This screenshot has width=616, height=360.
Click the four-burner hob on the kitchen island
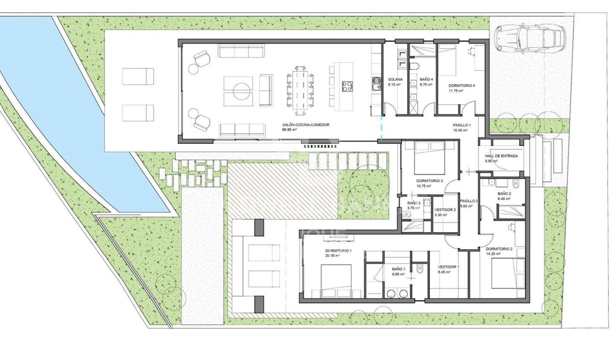(347, 86)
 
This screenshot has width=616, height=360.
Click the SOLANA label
(395, 80)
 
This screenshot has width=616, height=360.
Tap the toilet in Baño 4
(415, 66)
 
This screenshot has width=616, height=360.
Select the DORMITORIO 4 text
(461, 86)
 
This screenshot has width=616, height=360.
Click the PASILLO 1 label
(462, 125)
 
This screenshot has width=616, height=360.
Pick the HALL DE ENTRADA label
(501, 156)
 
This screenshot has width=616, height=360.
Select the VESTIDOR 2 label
(445, 210)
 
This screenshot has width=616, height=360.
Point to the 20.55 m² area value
(332, 256)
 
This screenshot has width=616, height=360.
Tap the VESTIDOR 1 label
(448, 267)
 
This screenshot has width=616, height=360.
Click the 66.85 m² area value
(289, 130)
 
